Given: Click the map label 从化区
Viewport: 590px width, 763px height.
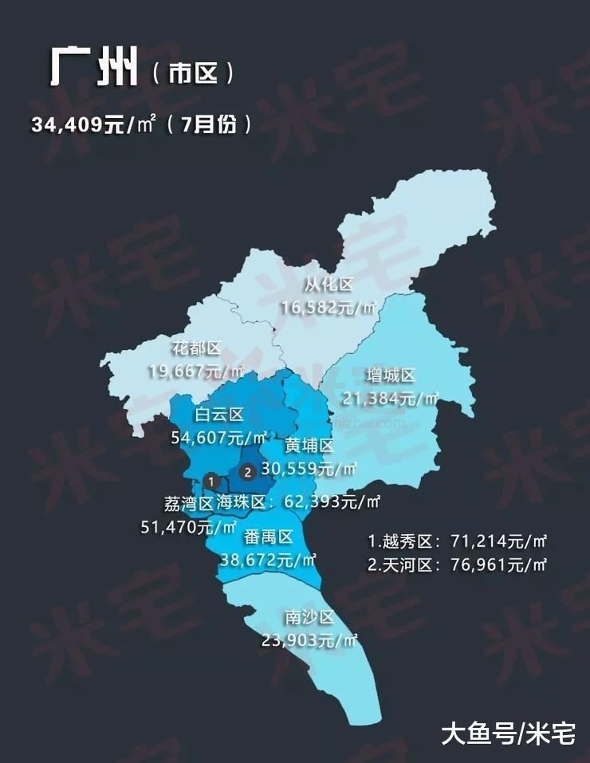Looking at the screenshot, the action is (x=328, y=285).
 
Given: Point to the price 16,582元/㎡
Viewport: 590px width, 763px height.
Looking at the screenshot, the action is (x=329, y=307).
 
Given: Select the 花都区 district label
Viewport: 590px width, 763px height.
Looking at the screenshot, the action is (x=196, y=348).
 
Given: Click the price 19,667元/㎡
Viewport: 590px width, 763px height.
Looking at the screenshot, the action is (x=197, y=371).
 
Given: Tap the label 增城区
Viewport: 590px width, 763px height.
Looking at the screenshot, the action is (x=391, y=376).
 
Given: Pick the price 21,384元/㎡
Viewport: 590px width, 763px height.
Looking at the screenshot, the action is (x=391, y=398).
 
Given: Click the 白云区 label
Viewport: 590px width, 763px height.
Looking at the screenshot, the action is (x=219, y=415).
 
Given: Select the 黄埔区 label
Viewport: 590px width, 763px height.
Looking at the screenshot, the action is (x=309, y=446).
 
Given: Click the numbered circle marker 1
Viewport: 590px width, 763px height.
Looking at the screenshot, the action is (x=210, y=481).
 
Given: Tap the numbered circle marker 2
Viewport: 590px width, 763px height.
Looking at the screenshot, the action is (x=247, y=472).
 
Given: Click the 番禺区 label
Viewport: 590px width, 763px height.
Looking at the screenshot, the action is (x=269, y=537).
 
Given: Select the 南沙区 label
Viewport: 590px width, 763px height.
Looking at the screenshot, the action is (x=308, y=617).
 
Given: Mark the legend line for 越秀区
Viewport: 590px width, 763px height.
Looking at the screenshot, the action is (x=457, y=541).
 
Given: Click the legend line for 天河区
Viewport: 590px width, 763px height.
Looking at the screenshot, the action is (x=457, y=564).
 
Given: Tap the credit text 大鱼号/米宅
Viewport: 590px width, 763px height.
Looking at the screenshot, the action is (x=508, y=733).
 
